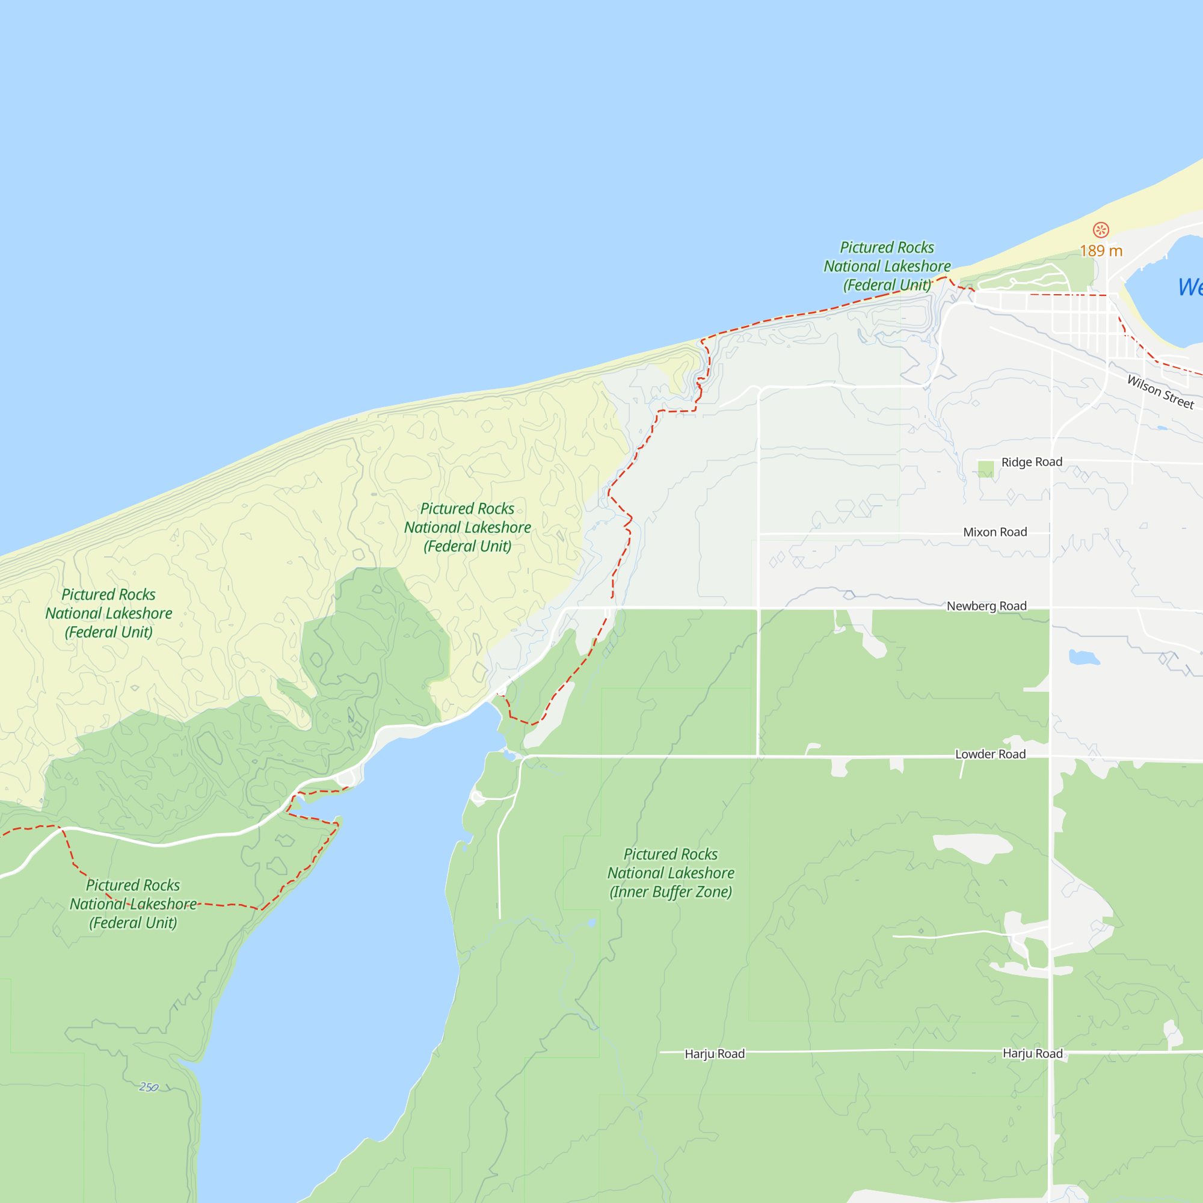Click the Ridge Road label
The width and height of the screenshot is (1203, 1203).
(1032, 462)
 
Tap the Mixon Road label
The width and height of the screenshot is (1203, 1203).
(995, 532)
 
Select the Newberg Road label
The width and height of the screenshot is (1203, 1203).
(986, 606)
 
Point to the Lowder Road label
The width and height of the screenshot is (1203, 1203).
(990, 754)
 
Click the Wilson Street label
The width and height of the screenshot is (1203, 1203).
(1160, 392)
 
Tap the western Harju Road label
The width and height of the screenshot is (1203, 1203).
(714, 1054)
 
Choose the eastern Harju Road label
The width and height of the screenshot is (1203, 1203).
(1032, 1053)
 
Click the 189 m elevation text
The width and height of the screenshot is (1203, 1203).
(1101, 251)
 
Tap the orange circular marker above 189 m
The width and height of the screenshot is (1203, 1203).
(1101, 230)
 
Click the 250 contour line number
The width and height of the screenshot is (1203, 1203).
(148, 1087)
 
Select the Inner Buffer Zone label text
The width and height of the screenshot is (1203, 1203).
(671, 891)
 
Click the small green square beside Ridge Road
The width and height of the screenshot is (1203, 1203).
(986, 469)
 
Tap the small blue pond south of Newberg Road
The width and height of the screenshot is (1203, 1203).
(1083, 657)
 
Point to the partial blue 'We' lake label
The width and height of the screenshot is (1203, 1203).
(1189, 287)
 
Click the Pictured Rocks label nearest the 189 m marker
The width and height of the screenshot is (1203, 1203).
(887, 266)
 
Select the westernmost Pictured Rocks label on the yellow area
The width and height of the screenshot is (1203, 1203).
(108, 614)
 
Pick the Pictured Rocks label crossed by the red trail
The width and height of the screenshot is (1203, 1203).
(132, 903)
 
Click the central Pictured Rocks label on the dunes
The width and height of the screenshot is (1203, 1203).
(467, 528)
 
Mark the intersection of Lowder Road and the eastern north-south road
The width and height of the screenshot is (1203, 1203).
(1051, 757)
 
